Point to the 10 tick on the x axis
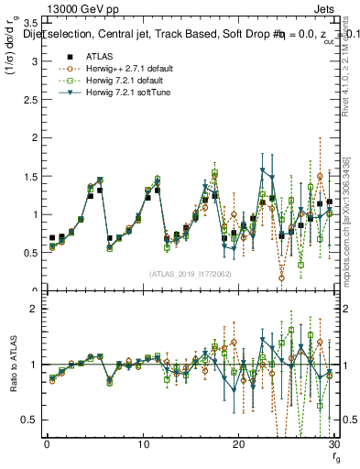pos(143,444)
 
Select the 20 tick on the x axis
pos(239,444)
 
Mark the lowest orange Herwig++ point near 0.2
pos(281,278)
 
